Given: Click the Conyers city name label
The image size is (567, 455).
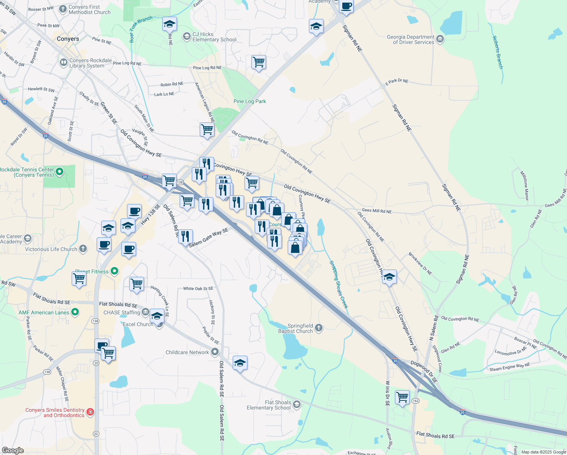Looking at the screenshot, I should [x=68, y=39].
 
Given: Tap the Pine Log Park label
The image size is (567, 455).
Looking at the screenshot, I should [x=249, y=101].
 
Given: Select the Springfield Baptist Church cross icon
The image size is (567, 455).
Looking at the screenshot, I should [x=319, y=328].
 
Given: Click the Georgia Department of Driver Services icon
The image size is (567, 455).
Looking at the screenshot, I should [x=440, y=39].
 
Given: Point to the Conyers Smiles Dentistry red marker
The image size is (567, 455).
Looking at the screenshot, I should [x=90, y=412].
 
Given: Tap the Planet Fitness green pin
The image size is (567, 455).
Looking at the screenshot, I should [x=114, y=271].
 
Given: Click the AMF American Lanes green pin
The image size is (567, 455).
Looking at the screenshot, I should [x=75, y=312].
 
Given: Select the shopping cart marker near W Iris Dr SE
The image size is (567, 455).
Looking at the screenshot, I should [x=402, y=397].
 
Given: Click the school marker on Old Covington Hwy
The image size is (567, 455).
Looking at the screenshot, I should [x=389, y=277].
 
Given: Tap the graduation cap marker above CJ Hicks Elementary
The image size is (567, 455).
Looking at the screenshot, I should [x=169, y=25].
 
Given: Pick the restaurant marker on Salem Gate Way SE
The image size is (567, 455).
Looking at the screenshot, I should [x=185, y=237].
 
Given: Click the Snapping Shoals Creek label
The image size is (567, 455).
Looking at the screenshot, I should [x=338, y=284].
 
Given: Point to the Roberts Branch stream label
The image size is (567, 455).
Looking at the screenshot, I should [x=497, y=52].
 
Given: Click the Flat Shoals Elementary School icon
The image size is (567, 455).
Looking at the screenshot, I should [x=297, y=405].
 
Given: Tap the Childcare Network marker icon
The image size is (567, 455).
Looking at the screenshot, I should [x=215, y=352].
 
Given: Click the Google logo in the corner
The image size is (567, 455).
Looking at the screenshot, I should [x=13, y=450].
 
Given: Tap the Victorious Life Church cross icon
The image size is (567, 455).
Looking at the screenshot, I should [x=83, y=249].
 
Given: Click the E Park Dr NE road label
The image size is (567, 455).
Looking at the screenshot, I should [x=397, y=81].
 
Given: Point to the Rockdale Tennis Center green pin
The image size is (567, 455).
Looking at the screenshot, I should [x=60, y=172].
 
